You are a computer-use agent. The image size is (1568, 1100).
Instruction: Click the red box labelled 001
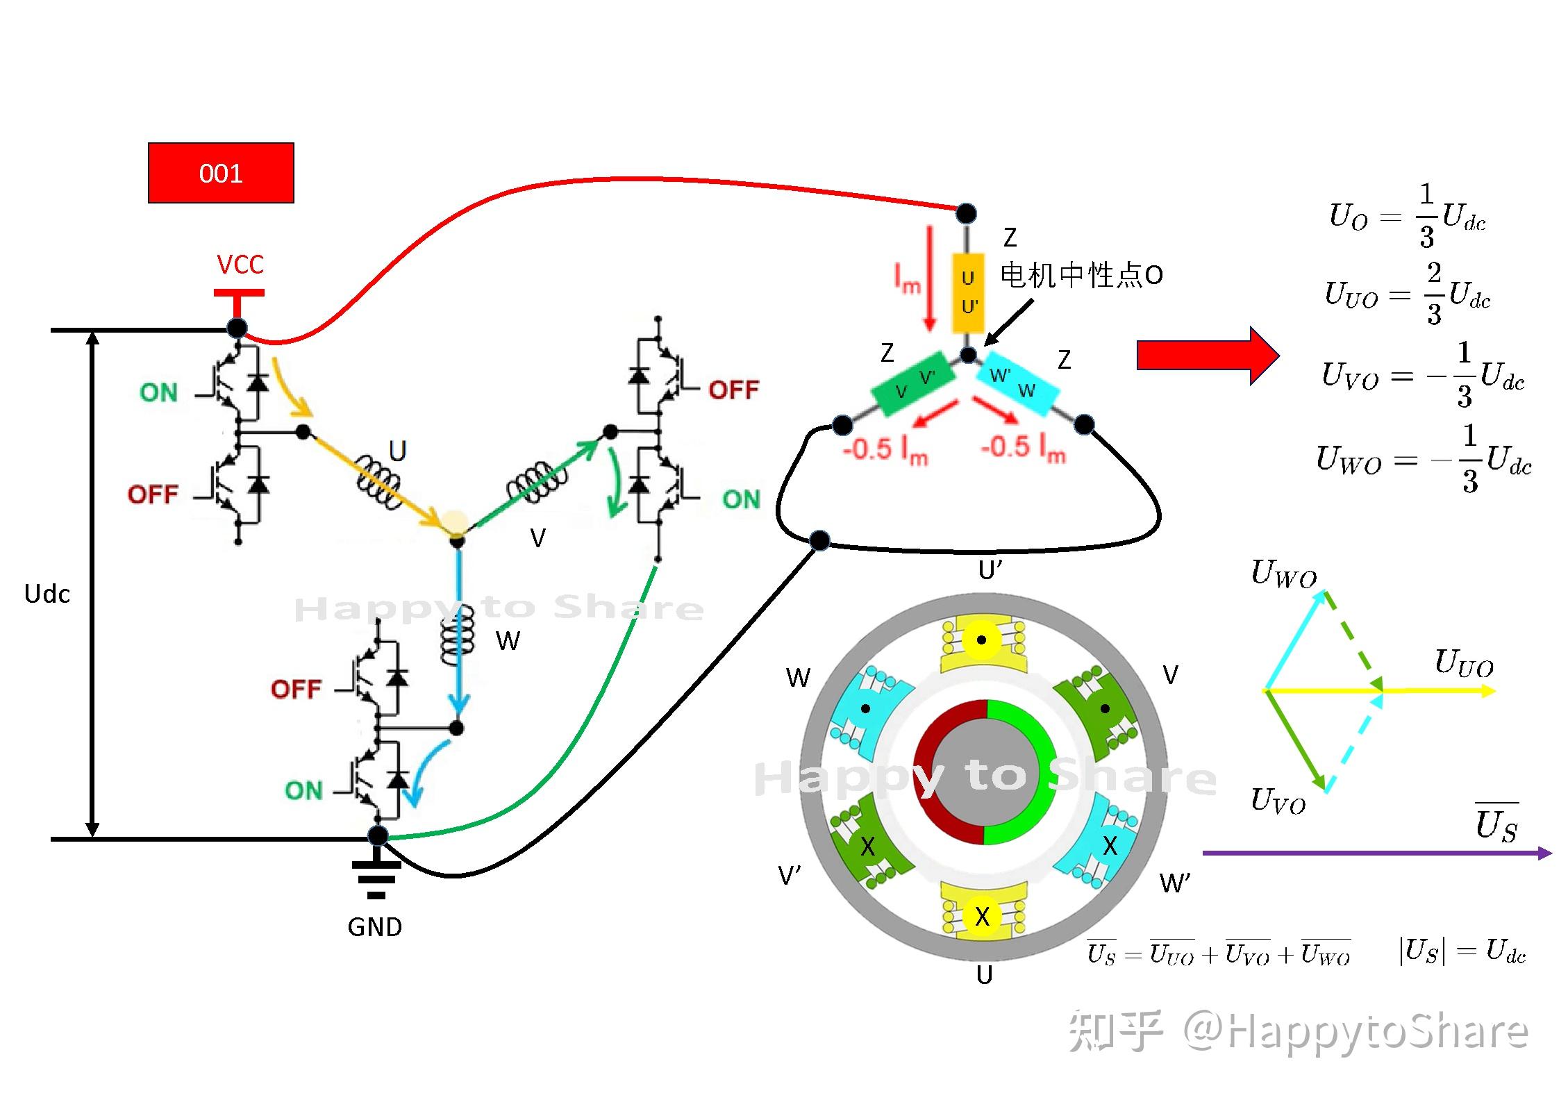pyautogui.click(x=221, y=173)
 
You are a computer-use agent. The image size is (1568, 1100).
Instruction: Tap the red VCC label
pyautogui.click(x=240, y=265)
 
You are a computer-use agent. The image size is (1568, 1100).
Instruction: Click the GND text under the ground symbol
pyautogui.click(x=374, y=927)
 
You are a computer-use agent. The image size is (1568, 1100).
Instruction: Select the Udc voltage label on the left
pyautogui.click(x=47, y=594)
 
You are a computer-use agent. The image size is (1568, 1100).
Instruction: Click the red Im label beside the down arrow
pyautogui.click(x=907, y=280)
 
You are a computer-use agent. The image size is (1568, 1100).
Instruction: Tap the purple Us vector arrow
pyautogui.click(x=1375, y=853)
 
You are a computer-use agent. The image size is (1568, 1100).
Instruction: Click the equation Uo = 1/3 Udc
pyautogui.click(x=1407, y=216)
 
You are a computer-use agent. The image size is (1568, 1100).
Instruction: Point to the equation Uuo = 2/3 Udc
pyautogui.click(x=1407, y=294)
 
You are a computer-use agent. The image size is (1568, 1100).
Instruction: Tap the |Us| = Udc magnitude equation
pyautogui.click(x=1462, y=951)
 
